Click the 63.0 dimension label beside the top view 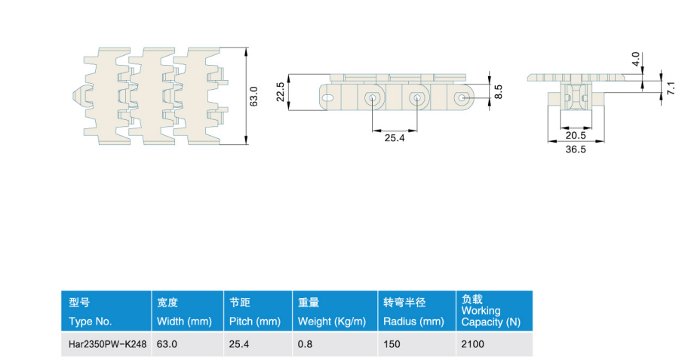tap(253, 96)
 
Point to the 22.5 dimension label tap(281, 92)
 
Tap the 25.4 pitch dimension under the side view tap(395, 138)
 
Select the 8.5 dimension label tap(499, 92)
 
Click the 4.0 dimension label tap(636, 58)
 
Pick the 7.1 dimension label tap(671, 88)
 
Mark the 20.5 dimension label tap(576, 136)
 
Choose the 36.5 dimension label tap(576, 149)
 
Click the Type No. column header tap(90, 322)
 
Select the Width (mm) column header tap(184, 322)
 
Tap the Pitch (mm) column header tap(255, 322)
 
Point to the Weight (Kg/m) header tap(332, 322)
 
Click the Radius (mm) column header tap(413, 322)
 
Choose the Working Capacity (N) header tap(490, 316)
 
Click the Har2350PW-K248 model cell tap(107, 344)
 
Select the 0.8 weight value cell tap(305, 344)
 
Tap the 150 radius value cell tap(392, 344)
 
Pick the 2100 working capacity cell tap(472, 344)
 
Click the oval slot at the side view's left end tap(328, 98)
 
